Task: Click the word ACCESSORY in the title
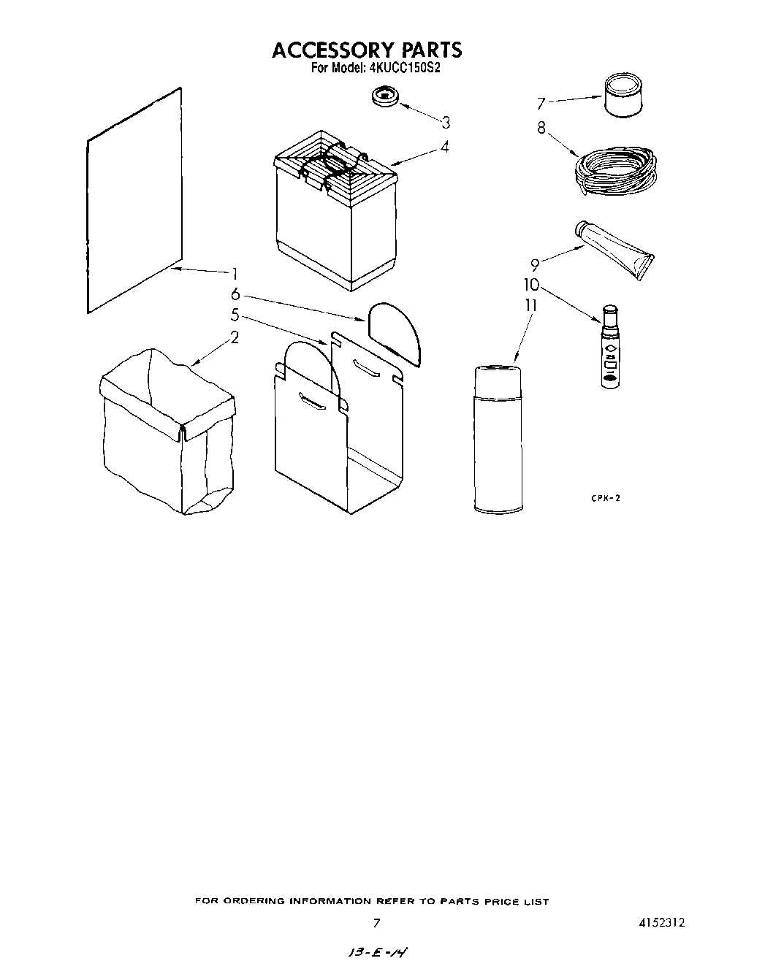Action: click(332, 50)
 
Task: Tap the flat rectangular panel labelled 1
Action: click(134, 201)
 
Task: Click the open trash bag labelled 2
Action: click(167, 431)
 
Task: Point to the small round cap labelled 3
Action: click(384, 97)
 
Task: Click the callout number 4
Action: click(444, 146)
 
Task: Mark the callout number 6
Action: click(235, 294)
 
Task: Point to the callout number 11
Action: click(531, 305)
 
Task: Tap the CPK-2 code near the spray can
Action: click(605, 497)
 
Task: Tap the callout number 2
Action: click(235, 337)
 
